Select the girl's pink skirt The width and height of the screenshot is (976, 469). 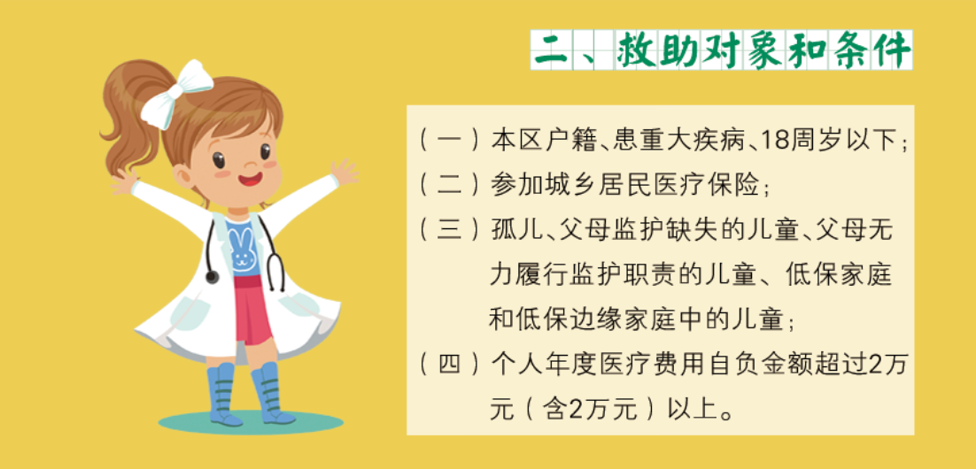point(252,310)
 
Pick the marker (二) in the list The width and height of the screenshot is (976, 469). point(449,185)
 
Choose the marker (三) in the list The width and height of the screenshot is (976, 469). point(449,231)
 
